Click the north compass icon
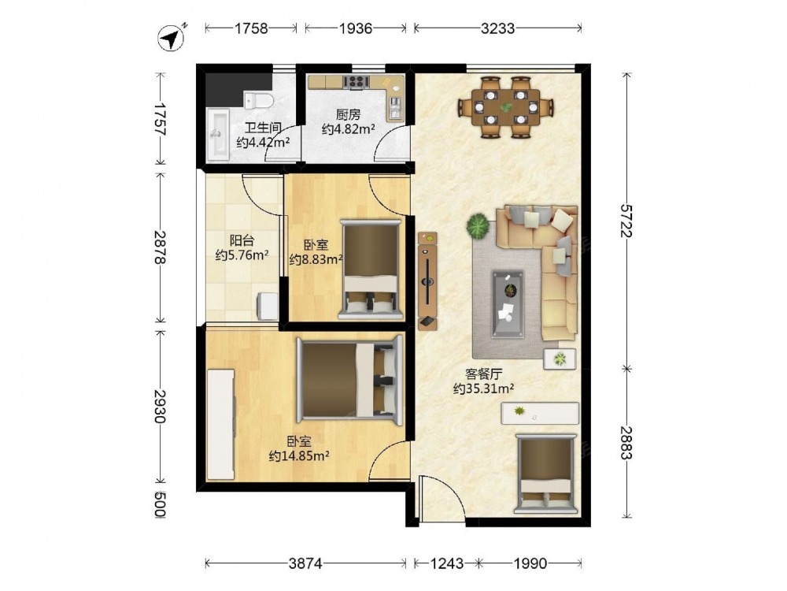[171, 38]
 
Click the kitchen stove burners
[357, 82]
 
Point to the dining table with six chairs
[506, 106]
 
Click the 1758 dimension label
[251, 28]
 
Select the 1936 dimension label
[356, 28]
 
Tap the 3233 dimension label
[497, 28]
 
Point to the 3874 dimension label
[305, 563]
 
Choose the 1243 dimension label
[446, 563]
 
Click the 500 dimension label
[159, 504]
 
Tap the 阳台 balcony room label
[242, 240]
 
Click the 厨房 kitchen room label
[349, 114]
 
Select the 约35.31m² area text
[483, 388]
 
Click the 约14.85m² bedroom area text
[299, 455]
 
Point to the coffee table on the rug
[508, 304]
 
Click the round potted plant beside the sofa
[478, 226]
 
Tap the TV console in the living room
[427, 281]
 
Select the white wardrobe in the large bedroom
[221, 425]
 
